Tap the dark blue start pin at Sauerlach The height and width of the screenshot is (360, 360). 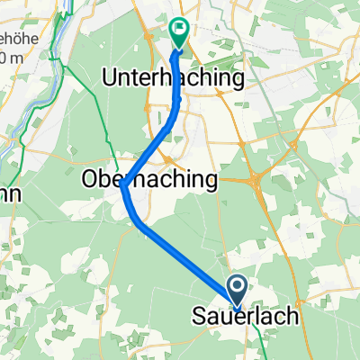tap(238, 288)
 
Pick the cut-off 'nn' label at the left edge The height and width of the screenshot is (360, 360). tap(9, 194)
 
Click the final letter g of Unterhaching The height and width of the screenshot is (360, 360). tap(238, 81)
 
